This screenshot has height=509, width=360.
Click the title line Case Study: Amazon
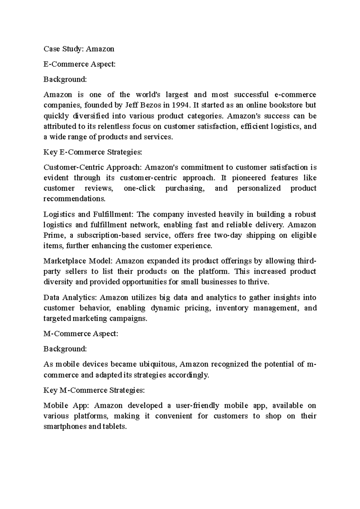79,49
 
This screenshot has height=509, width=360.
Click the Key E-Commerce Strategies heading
93,152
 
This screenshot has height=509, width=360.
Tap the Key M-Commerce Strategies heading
94,390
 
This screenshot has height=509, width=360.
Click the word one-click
139,189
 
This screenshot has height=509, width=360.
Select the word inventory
232,308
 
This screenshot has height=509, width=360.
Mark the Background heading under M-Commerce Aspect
65,349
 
